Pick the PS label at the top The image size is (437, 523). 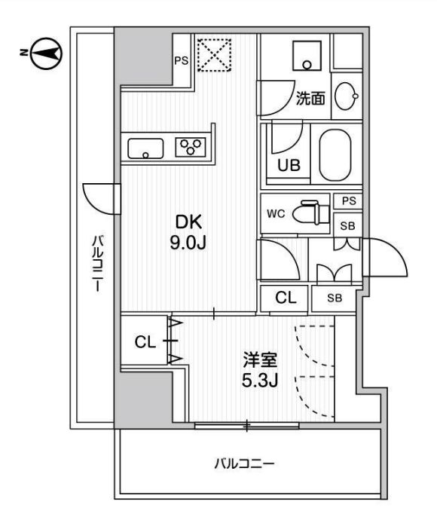click(182, 61)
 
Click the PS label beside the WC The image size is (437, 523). click(347, 200)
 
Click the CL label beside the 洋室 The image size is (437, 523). click(145, 343)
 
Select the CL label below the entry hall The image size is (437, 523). click(285, 298)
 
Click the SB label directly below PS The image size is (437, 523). click(347, 225)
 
